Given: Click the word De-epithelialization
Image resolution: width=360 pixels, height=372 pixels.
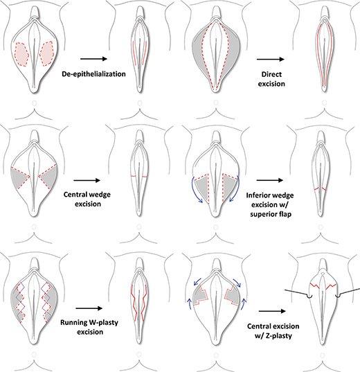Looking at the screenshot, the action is (x=93, y=74).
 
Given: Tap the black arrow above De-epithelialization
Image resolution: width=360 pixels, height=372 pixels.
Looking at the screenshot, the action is (x=94, y=59).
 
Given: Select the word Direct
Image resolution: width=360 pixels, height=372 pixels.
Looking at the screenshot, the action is (x=271, y=74).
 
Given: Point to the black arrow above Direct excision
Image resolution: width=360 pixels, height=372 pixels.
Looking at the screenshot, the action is (x=271, y=59).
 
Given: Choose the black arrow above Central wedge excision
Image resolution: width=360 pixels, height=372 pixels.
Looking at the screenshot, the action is (x=87, y=181).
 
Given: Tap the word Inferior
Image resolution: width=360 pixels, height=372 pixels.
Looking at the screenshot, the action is (x=257, y=195).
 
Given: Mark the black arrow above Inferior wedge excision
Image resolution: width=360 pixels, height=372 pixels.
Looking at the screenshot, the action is (x=270, y=180).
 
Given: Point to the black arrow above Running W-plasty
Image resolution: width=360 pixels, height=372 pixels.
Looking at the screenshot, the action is (x=89, y=308).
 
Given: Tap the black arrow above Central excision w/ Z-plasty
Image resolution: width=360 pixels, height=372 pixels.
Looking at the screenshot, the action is (x=272, y=311).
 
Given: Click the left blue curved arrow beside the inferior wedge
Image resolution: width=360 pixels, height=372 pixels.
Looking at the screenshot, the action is (x=195, y=190).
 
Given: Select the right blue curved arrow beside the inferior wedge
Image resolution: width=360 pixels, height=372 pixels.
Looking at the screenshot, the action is (x=237, y=190).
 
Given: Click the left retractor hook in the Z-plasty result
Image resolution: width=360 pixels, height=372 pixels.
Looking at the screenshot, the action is (x=309, y=296).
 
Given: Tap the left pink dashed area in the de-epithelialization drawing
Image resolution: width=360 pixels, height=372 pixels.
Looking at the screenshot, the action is (x=21, y=54).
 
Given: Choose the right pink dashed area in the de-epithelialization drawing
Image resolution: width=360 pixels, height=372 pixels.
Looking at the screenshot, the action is (x=47, y=53).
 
